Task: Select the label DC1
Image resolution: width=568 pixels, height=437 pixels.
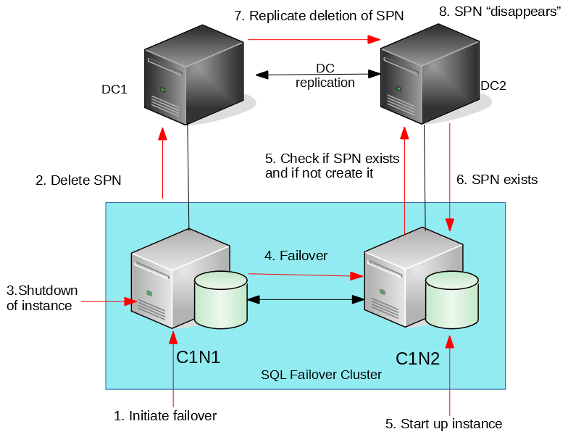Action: coord(114,90)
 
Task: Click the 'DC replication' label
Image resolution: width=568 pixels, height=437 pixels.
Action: coord(325,75)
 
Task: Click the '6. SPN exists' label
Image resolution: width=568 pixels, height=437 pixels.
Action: coord(497,180)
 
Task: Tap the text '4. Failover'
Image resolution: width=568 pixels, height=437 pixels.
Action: coord(296,256)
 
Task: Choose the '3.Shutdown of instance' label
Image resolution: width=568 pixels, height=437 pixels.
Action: coord(41,298)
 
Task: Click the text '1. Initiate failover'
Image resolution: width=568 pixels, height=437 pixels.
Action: coord(165,416)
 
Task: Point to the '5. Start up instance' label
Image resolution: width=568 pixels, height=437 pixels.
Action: coord(444,424)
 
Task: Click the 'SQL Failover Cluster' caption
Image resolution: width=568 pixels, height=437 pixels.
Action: coord(321,375)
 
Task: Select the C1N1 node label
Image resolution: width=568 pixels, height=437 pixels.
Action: coord(198,357)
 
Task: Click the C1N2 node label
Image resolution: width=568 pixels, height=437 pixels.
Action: coord(417,359)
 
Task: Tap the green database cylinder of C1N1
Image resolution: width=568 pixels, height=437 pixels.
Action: coord(221,299)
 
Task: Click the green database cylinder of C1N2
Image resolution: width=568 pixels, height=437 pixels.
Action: coord(452,300)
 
